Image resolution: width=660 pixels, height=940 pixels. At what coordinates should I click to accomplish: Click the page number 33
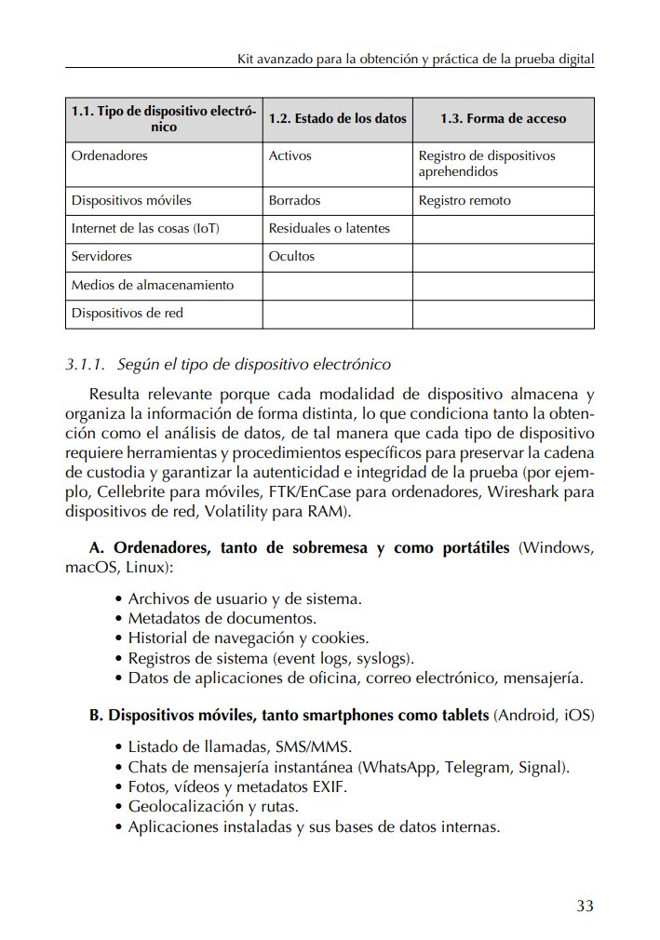pyautogui.click(x=585, y=906)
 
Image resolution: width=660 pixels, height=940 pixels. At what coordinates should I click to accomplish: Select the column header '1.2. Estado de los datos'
pyautogui.click(x=337, y=119)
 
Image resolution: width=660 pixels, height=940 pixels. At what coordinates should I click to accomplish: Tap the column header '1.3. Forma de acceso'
pyautogui.click(x=503, y=119)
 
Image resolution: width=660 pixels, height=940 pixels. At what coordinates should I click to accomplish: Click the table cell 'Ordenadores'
pyautogui.click(x=109, y=155)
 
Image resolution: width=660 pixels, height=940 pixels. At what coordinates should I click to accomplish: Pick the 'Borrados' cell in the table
pyautogui.click(x=294, y=200)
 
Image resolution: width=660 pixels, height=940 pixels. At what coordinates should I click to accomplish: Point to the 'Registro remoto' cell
pyautogui.click(x=465, y=200)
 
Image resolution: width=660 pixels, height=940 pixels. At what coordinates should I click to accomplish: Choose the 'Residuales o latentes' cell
pyautogui.click(x=329, y=228)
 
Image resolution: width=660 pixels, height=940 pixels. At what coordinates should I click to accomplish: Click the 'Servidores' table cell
pyautogui.click(x=101, y=256)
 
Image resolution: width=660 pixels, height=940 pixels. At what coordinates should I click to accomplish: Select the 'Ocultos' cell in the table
pyautogui.click(x=291, y=256)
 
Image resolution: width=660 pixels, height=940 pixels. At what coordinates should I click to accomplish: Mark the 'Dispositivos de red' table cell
pyautogui.click(x=127, y=313)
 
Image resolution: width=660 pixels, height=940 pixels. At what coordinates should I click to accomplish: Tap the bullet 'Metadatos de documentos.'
pyautogui.click(x=222, y=618)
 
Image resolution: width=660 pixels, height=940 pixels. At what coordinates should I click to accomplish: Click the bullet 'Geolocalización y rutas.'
pyautogui.click(x=212, y=807)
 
